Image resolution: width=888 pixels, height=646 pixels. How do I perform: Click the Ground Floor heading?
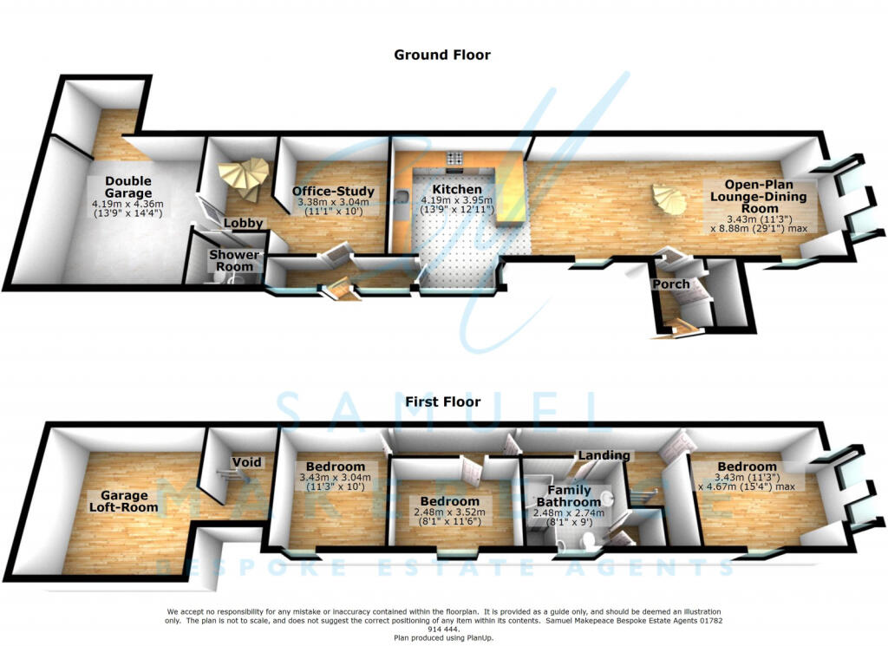point(442,55)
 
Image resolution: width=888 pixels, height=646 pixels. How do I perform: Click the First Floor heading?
point(443,402)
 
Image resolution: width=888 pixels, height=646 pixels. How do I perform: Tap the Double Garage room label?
point(128,186)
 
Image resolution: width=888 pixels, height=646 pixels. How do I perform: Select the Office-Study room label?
point(333,192)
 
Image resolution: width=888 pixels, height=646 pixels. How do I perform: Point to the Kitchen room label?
point(457,189)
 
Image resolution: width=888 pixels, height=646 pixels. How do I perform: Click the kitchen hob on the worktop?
point(455,158)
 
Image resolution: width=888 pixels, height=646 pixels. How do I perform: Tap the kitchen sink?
point(402,197)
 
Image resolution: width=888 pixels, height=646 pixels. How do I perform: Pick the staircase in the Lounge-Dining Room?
point(669,199)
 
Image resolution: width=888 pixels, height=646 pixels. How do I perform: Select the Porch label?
point(671,284)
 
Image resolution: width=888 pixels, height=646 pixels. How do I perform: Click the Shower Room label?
point(234,260)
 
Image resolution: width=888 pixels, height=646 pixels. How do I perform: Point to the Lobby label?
point(244,223)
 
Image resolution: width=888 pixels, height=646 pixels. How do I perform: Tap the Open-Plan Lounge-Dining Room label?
point(759,197)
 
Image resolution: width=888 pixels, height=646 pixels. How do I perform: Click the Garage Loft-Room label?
point(123,501)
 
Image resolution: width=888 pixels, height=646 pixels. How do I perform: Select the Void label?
point(247,462)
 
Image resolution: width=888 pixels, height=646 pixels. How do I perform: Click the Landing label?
point(604,455)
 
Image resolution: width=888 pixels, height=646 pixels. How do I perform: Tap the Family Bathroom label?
point(569,496)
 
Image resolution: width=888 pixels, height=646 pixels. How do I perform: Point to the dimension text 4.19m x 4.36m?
point(127,204)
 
